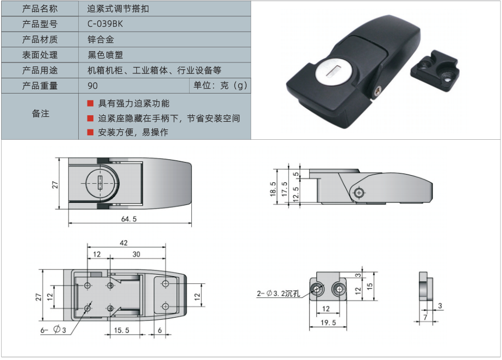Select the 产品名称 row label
pyautogui.click(x=40, y=9)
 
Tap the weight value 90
pyautogui.click(x=92, y=85)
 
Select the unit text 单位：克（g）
pyautogui.click(x=220, y=85)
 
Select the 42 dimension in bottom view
pyautogui.click(x=125, y=244)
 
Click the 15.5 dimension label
pyautogui.click(x=122, y=330)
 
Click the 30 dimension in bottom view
pyautogui.click(x=136, y=255)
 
